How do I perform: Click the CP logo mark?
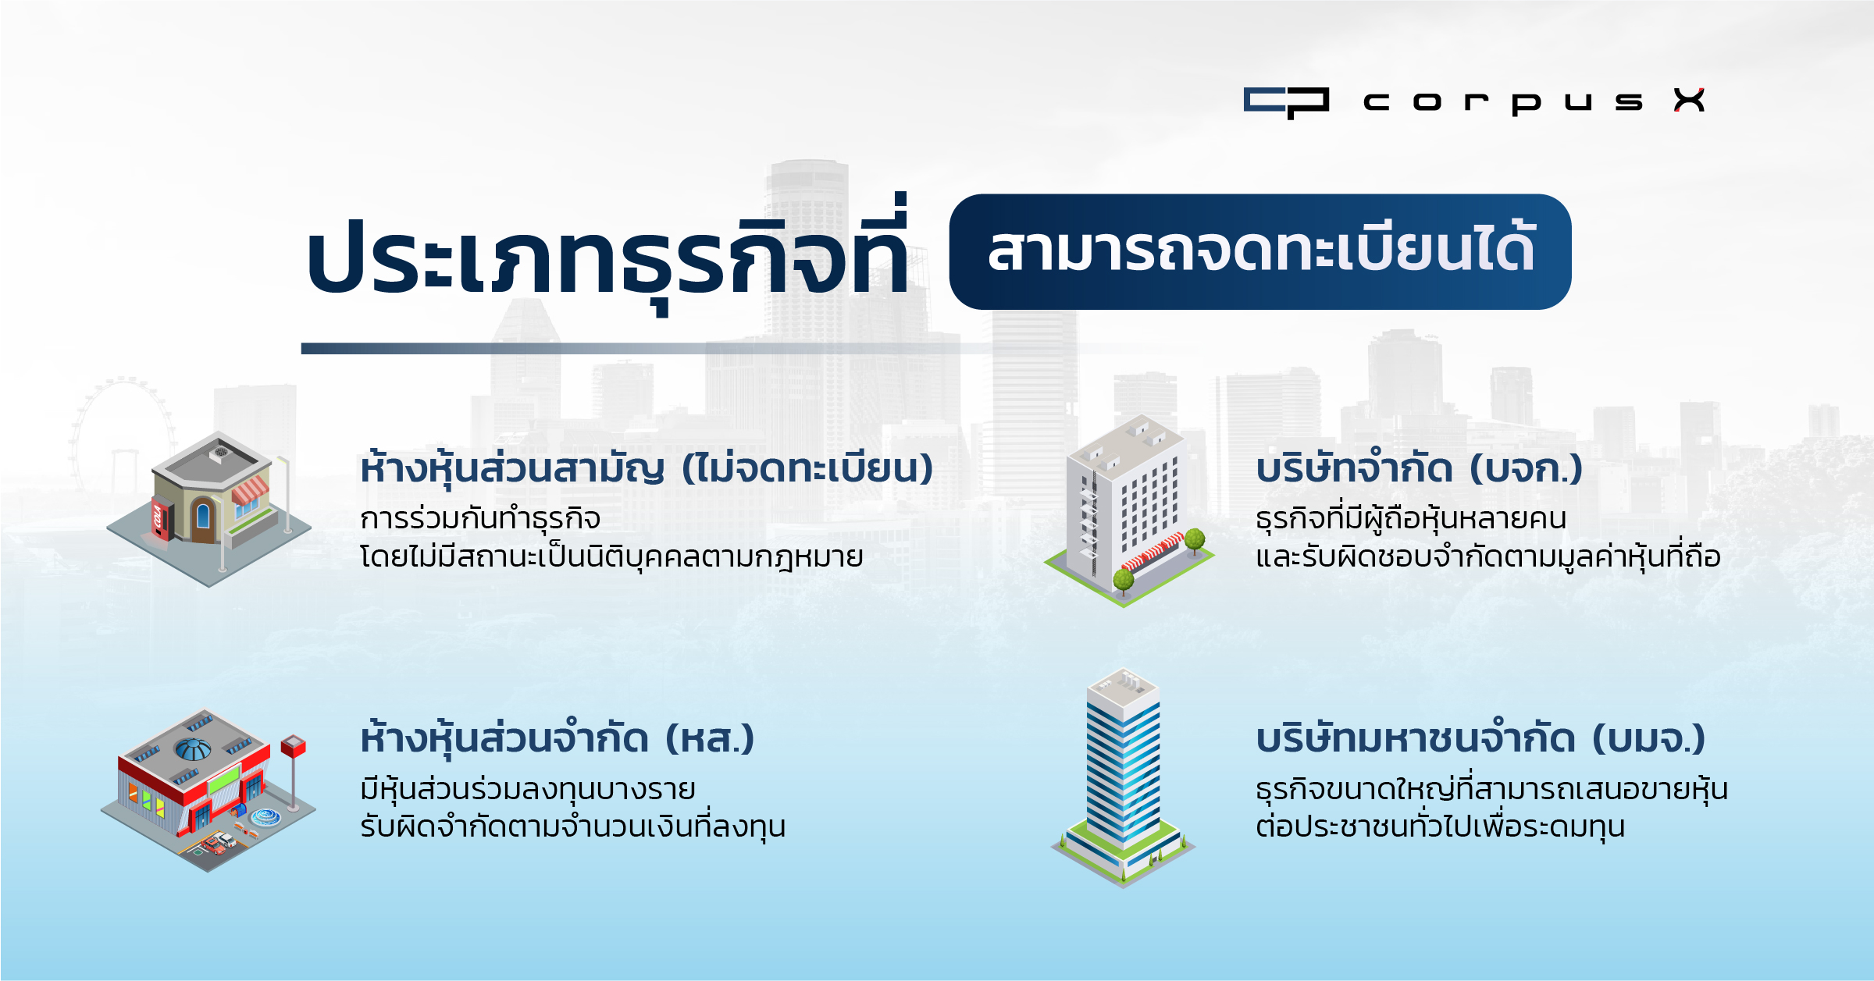[1286, 102]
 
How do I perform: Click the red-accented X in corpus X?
[1690, 101]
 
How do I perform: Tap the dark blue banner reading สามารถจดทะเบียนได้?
[1260, 251]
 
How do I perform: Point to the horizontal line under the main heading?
[648, 348]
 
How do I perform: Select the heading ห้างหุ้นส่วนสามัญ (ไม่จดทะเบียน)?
[647, 468]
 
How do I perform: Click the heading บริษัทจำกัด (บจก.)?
[1419, 468]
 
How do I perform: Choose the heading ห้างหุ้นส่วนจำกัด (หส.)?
[558, 738]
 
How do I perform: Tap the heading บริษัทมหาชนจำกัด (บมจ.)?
[1480, 738]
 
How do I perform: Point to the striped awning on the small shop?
[250, 490]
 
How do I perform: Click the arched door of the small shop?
[203, 518]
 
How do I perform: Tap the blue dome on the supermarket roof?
[193, 749]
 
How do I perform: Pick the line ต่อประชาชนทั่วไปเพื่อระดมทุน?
[1441, 826]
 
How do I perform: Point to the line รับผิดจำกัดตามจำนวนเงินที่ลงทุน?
[573, 826]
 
